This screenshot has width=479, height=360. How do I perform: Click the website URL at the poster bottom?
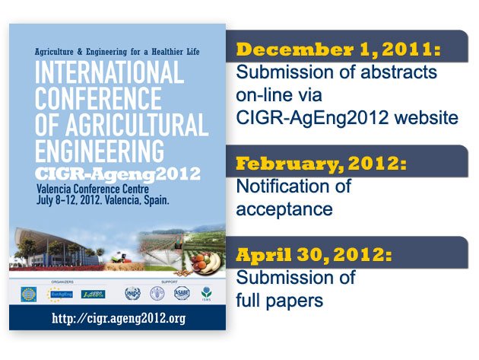click(x=117, y=317)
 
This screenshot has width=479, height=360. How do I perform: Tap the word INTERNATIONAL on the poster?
click(x=109, y=74)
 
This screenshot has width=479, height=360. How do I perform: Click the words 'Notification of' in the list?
click(x=293, y=186)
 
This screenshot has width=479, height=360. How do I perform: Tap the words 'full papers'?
click(x=279, y=300)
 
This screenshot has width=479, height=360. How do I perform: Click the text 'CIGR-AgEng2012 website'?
click(x=347, y=117)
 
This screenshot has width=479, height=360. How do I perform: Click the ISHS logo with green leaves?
click(x=205, y=295)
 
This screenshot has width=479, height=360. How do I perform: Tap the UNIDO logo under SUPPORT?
click(x=132, y=294)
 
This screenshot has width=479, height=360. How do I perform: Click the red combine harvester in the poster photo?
click(x=119, y=256)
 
